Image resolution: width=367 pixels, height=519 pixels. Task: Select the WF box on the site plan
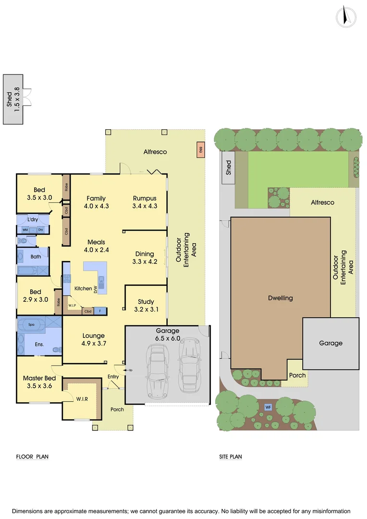[269, 407]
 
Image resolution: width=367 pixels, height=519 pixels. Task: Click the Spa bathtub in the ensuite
[39, 325]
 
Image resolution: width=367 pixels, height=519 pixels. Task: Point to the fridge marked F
[100, 310]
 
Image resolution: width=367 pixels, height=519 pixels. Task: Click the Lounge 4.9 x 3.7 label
[93, 339]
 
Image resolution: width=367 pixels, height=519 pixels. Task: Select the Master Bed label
[39, 382]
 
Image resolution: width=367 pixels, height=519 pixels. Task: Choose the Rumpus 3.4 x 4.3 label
[145, 202]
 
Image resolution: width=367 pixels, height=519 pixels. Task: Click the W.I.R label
[82, 398]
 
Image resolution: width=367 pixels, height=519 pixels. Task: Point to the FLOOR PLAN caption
[32, 457]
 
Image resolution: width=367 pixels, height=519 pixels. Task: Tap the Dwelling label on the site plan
[280, 298]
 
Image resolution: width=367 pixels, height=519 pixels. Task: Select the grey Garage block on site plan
[331, 343]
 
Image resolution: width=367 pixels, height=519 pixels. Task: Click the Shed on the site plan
[228, 167]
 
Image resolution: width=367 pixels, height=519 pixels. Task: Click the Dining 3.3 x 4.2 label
[145, 258]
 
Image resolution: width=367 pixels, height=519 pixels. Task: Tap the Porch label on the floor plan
[117, 409]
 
